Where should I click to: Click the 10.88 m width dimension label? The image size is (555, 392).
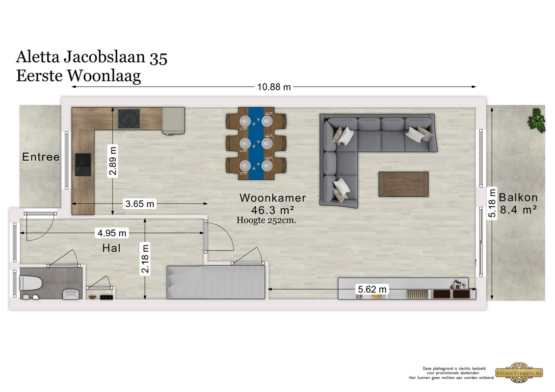point(274,87)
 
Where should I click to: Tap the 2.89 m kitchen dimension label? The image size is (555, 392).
point(113,161)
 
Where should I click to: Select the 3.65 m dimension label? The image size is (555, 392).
point(140,204)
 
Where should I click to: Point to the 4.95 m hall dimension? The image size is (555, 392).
point(112,233)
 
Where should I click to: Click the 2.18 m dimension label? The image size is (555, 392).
point(145,258)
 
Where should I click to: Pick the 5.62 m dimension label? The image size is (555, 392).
point(372,290)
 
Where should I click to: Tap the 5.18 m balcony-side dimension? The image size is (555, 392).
point(492,203)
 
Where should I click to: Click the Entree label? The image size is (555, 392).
point(41,157)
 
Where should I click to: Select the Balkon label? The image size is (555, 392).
point(518,197)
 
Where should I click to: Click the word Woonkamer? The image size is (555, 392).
point(272,197)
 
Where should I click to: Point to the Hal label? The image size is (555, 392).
point(111,248)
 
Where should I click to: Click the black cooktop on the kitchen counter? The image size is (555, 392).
point(129,119)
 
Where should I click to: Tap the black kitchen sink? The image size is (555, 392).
point(83,164)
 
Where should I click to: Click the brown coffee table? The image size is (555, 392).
point(403,184)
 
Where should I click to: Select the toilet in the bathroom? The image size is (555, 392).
point(31,283)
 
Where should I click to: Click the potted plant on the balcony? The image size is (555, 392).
point(536,120)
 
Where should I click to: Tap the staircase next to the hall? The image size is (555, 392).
point(216,282)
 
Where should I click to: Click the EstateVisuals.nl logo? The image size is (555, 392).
point(519,372)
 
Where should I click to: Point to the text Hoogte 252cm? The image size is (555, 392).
point(266,220)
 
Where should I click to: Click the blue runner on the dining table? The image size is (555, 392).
point(256,143)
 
